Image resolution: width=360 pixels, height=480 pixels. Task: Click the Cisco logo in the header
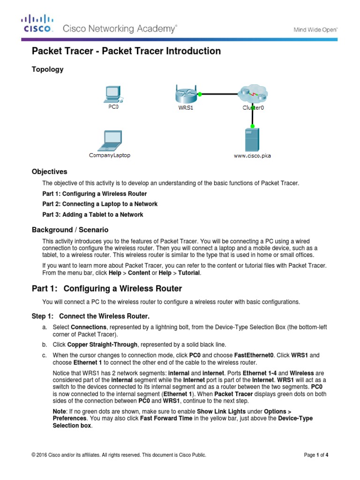[x=37, y=23]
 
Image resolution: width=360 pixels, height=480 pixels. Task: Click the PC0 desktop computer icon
[x=112, y=94]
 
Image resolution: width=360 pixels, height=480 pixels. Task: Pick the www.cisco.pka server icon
[x=252, y=140]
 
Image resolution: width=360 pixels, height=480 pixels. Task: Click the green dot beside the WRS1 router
[x=200, y=94]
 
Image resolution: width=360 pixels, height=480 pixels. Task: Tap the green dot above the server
[x=252, y=126]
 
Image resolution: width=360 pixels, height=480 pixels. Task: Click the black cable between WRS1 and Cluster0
[x=220, y=94]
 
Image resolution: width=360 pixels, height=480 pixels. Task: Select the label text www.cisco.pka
[x=252, y=156]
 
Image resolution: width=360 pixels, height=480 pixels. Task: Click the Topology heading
[x=47, y=69]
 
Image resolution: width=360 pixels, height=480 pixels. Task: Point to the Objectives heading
[x=49, y=172]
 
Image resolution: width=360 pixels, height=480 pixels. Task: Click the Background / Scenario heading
[x=70, y=230]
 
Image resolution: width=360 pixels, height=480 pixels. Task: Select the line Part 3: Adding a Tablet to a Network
[x=93, y=215]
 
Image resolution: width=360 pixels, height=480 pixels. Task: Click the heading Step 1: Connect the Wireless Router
[x=90, y=316]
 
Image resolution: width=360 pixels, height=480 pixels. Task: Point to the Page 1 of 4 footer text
[x=316, y=455]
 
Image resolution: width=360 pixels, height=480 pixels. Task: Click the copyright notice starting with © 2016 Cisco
[x=119, y=455]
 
